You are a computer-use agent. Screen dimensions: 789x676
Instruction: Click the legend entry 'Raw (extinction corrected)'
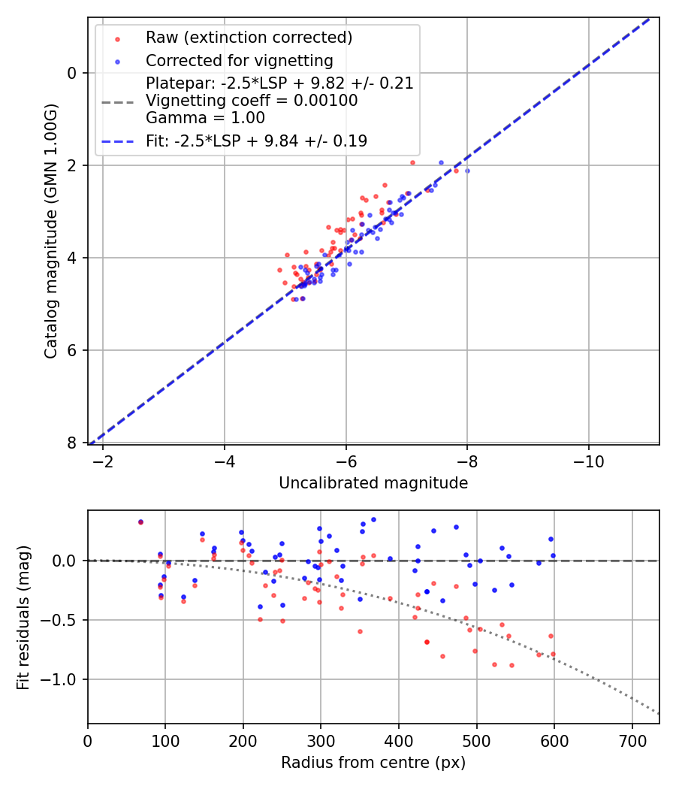249,38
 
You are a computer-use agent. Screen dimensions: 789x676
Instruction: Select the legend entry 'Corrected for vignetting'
240,61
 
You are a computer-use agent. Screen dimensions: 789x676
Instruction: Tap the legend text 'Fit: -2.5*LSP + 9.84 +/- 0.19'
256,141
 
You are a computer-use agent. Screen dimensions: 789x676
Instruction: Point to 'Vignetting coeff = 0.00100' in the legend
252,101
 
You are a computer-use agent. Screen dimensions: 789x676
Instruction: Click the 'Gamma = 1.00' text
205,117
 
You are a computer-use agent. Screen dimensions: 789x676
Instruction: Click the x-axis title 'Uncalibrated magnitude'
373,483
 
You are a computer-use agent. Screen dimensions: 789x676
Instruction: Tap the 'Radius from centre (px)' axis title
373,763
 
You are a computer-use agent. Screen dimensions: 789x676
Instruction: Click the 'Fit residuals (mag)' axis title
24,618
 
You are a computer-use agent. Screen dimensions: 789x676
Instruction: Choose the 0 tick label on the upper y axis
73,73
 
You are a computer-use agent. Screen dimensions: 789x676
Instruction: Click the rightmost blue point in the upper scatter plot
467,171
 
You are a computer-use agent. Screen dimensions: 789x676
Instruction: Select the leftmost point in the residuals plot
140,521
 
